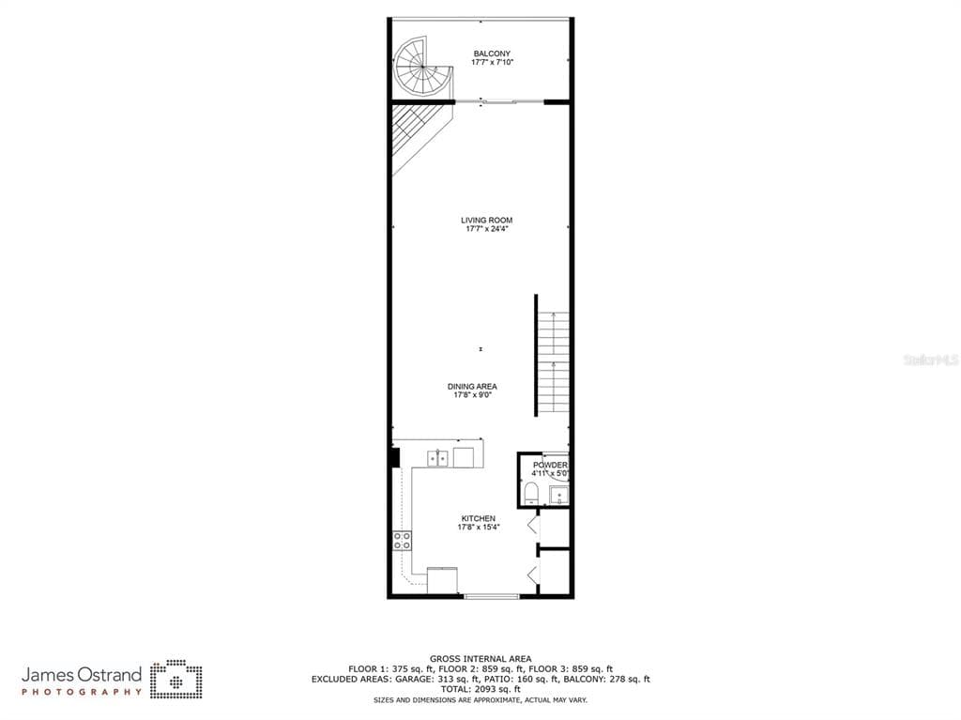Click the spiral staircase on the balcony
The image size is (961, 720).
(x=423, y=67)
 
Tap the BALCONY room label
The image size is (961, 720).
(x=492, y=54)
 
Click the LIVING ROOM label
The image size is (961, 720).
(x=487, y=221)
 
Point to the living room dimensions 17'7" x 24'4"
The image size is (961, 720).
(x=487, y=229)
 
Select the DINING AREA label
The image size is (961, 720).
(x=472, y=387)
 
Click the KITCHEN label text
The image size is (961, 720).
(x=478, y=518)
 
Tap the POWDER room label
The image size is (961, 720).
(x=550, y=465)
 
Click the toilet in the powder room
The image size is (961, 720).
(x=531, y=493)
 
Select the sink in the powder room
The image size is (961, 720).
(x=559, y=495)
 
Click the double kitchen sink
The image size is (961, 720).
(x=437, y=458)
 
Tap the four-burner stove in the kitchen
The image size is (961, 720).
(x=402, y=541)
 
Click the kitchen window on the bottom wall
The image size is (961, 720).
(x=492, y=595)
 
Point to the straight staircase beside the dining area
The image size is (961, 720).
(x=554, y=361)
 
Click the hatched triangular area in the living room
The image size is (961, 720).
(x=416, y=131)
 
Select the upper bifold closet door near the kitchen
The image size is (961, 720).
(x=533, y=525)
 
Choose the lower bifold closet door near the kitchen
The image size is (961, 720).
(x=533, y=575)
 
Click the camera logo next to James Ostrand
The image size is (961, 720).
(x=176, y=679)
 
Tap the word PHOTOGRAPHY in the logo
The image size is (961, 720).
(x=82, y=692)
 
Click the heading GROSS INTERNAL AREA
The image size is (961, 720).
(x=480, y=659)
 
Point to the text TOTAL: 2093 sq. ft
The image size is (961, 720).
(x=480, y=689)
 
